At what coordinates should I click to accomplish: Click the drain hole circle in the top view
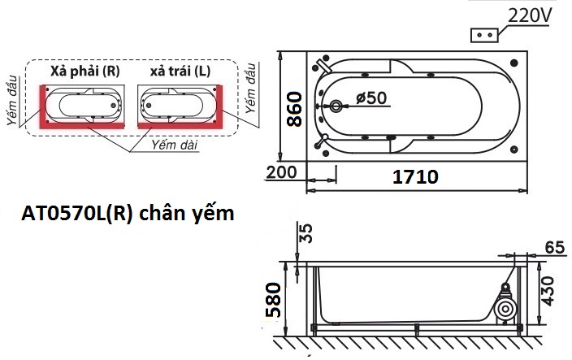[338, 106]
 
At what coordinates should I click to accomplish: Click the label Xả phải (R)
[84, 72]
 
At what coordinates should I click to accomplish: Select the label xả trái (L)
[180, 72]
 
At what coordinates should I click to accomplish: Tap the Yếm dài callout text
[175, 144]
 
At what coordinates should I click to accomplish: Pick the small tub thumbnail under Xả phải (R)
[83, 105]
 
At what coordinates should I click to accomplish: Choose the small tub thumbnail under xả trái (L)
[179, 105]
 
